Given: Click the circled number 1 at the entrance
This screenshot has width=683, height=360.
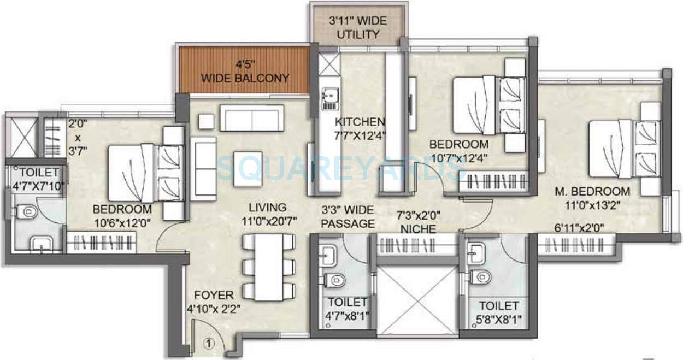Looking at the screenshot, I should click(208, 344).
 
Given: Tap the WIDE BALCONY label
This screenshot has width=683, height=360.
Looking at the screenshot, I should click(245, 72).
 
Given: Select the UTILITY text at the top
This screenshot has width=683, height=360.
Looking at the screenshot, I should click(358, 34).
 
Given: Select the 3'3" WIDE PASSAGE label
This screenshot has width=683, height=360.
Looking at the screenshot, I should click(348, 217).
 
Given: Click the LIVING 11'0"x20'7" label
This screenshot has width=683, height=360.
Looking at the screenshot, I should click(267, 214).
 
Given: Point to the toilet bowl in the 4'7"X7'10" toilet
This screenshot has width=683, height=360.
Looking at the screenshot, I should click(26, 211).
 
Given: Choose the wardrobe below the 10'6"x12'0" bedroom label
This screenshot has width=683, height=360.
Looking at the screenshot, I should click(101, 241).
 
